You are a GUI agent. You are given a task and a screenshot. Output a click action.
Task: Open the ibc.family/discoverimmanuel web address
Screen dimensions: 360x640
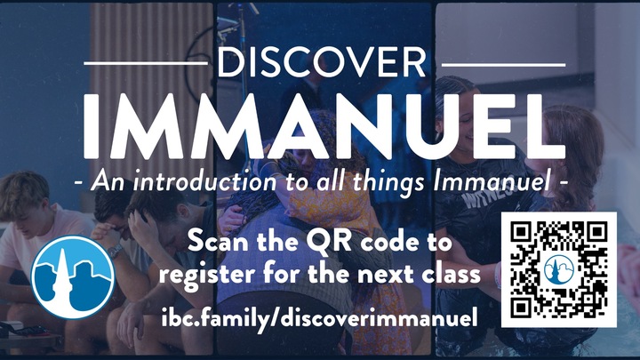click(x=321, y=316)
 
